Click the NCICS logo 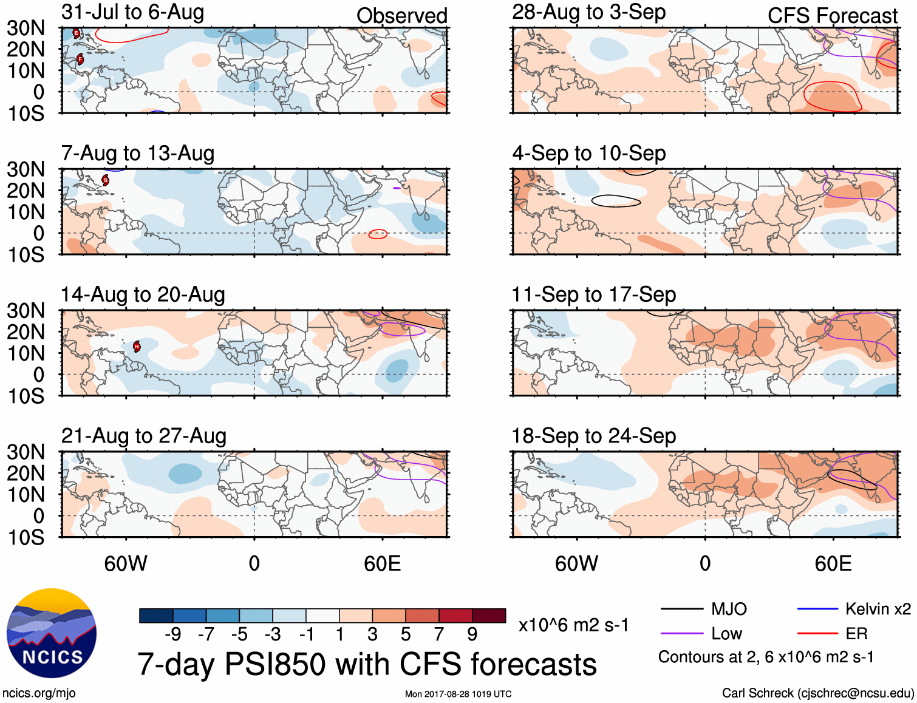tap(52, 633)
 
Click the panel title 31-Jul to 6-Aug tap(132, 12)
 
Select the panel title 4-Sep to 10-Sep tap(588, 153)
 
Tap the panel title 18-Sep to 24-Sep tap(593, 436)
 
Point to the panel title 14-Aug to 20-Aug tap(143, 294)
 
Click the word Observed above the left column tap(401, 16)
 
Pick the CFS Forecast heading tap(832, 16)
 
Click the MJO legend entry tap(729, 609)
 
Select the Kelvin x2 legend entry tap(878, 609)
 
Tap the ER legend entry tap(856, 634)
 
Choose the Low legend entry tap(726, 634)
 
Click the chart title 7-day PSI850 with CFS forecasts tap(367, 664)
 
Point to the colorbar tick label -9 tap(173, 634)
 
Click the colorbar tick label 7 tap(439, 634)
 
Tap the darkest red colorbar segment tap(489, 616)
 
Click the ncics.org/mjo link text tap(39, 693)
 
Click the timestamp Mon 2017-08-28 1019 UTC tap(458, 694)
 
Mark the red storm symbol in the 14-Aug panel tap(137, 347)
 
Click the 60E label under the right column tap(833, 564)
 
